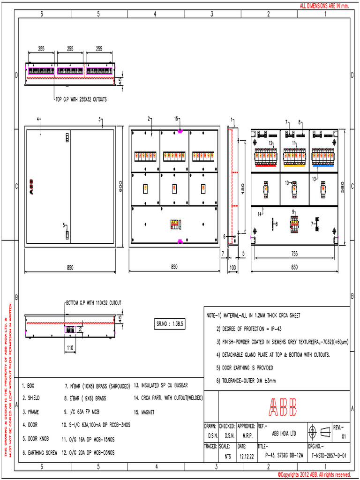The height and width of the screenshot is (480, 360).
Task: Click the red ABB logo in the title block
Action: tap(283, 407)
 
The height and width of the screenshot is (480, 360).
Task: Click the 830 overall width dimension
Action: tap(294, 267)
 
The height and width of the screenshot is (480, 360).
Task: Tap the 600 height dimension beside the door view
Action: tap(120, 186)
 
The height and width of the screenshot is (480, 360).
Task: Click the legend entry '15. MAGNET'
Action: tap(144, 412)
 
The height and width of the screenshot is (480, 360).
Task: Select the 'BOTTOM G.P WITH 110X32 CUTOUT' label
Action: tap(94, 303)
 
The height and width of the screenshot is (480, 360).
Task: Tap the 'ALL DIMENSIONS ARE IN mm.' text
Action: tap(324, 6)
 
